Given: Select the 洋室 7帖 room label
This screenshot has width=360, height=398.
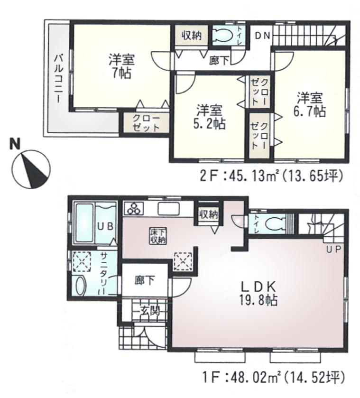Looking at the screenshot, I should pos(121,66).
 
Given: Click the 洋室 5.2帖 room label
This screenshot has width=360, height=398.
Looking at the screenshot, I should pos(209,117).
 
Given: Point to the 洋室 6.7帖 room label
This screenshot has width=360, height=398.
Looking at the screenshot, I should pos(310,105).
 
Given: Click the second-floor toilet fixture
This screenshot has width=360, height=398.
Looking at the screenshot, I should pos(222,37).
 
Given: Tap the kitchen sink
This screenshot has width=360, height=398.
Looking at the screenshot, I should pos(166,209).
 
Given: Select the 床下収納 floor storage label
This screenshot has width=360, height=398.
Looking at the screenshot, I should pos(158,236).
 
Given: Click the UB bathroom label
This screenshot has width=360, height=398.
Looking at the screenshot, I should pos(105,226).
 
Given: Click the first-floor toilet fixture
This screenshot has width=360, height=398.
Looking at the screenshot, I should pos(272,222).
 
